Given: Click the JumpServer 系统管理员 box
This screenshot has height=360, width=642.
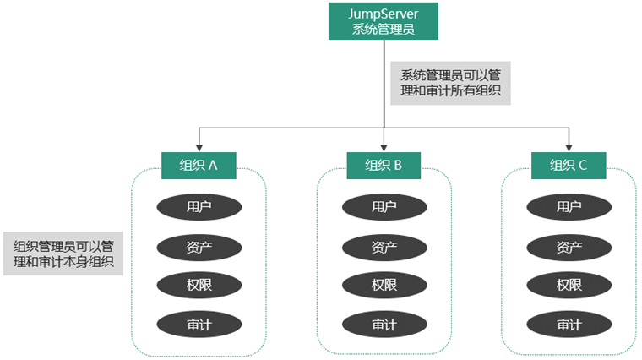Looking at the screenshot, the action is [x=384, y=21].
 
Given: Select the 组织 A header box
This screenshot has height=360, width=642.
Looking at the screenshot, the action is [x=199, y=166].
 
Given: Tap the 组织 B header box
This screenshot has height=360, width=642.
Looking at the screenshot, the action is [x=384, y=166].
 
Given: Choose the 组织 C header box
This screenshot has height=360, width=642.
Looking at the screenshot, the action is [x=569, y=166].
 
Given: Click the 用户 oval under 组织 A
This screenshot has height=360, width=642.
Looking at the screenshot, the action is [x=199, y=207].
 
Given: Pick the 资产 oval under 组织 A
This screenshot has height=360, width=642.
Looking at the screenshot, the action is [x=199, y=248].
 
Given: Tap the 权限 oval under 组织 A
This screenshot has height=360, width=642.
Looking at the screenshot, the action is [x=199, y=285].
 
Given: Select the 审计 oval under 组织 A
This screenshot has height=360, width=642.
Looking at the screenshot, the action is [x=199, y=325].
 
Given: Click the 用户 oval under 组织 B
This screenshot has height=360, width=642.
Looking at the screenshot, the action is [x=384, y=207].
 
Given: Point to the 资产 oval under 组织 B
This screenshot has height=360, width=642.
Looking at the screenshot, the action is [x=384, y=248].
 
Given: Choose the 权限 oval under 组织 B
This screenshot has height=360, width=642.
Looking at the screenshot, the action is [x=384, y=285].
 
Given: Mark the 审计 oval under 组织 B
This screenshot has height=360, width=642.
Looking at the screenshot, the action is [x=384, y=325].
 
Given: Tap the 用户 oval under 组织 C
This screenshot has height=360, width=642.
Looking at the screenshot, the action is [x=569, y=207].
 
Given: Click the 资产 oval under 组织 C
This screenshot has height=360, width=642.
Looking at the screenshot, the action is [x=569, y=248].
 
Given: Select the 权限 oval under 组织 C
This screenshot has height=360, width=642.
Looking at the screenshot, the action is [x=569, y=285].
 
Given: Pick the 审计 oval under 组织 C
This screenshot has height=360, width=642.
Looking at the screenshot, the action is [x=569, y=325].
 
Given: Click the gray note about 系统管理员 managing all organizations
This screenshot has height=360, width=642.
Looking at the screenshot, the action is [x=450, y=83].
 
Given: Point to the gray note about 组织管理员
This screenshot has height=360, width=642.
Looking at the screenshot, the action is [x=63, y=254].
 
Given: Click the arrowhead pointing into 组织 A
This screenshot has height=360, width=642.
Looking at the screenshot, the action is [x=199, y=148].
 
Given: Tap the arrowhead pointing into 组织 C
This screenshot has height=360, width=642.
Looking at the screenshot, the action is [x=569, y=148].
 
